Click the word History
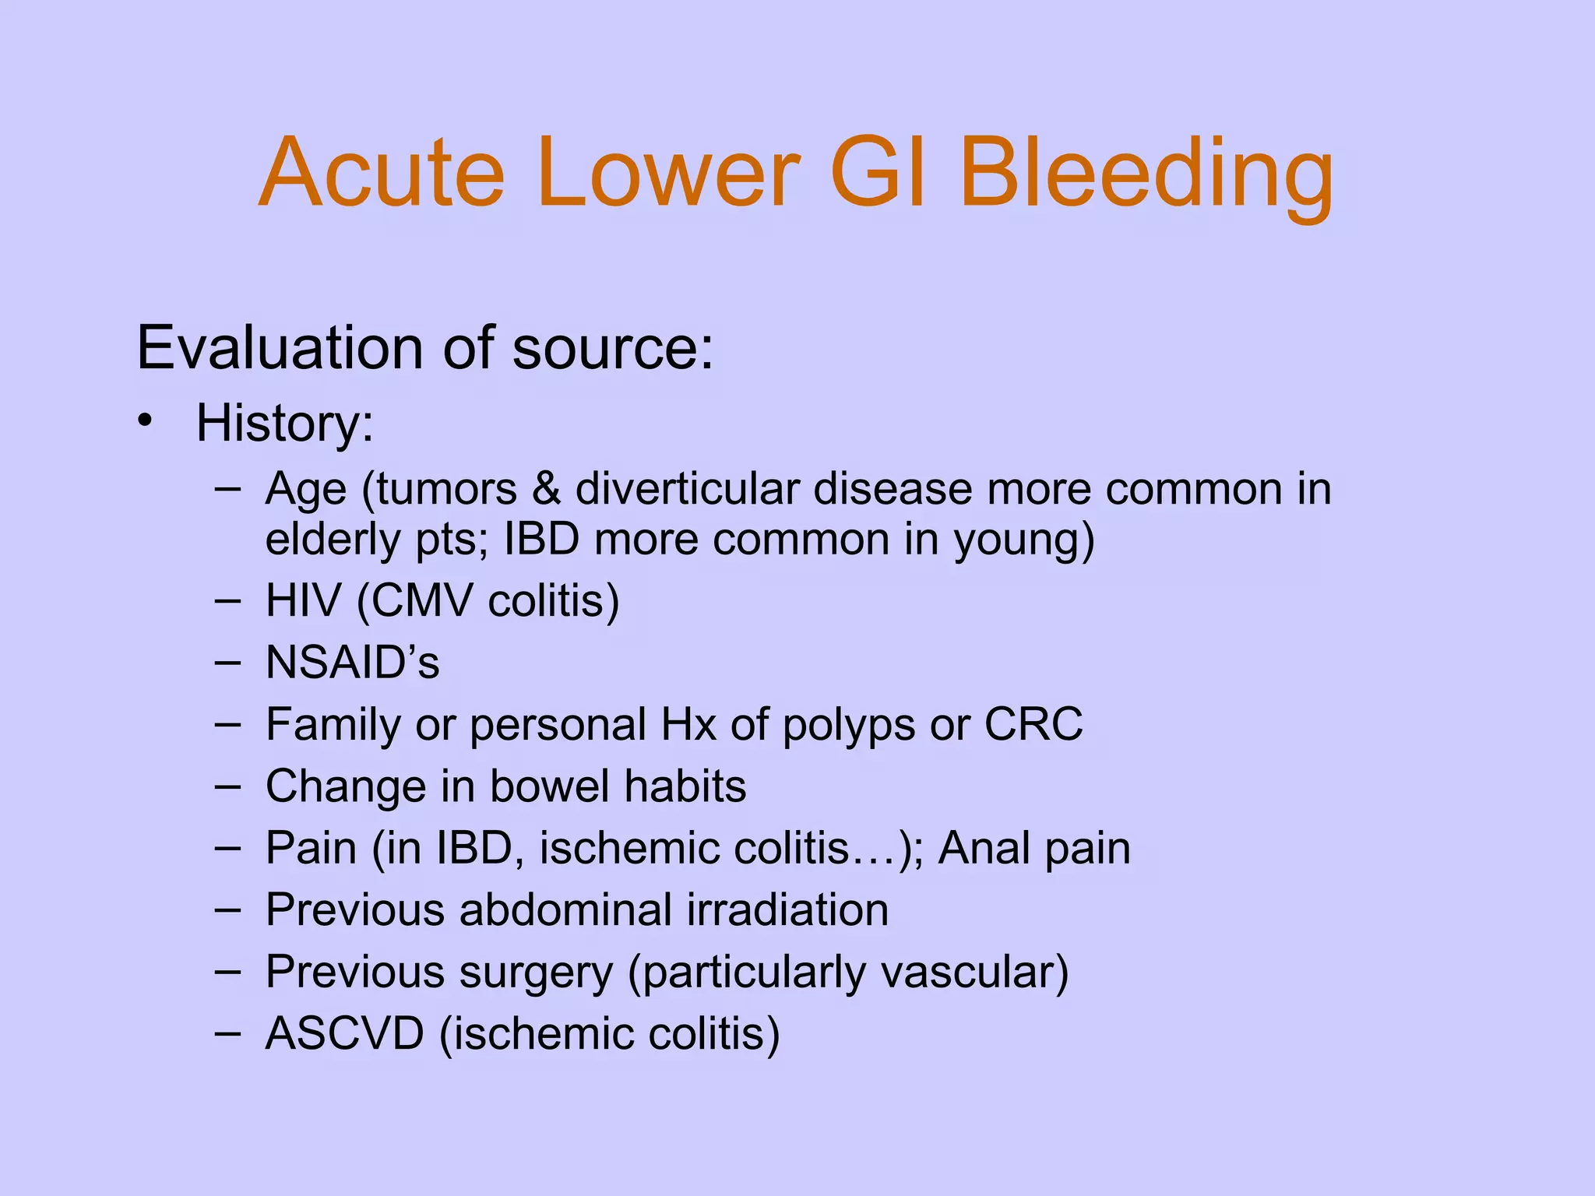point(284,424)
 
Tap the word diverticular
point(688,490)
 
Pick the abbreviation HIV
point(303,601)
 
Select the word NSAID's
point(352,663)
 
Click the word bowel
point(550,786)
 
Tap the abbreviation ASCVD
point(344,1034)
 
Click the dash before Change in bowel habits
point(227,786)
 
